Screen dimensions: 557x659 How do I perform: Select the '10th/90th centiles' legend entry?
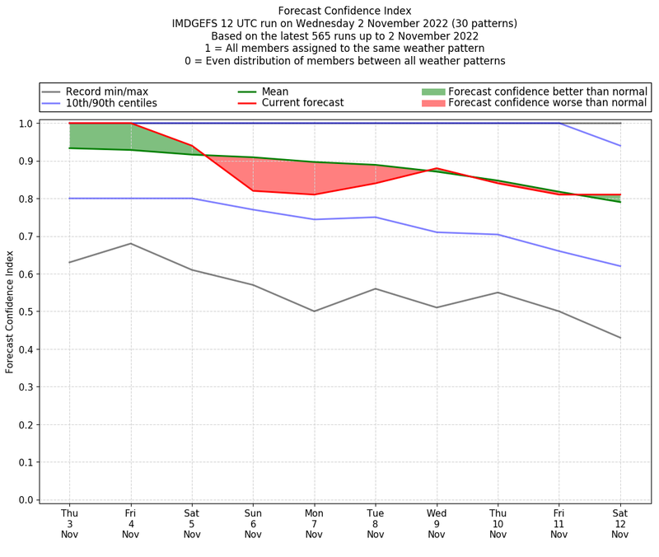(111, 103)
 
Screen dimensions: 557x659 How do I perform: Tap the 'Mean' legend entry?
(274, 91)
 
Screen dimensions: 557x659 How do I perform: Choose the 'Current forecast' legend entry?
(302, 103)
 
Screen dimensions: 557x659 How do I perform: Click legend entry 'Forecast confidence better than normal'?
(548, 91)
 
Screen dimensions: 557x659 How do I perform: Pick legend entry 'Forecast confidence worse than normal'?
(548, 103)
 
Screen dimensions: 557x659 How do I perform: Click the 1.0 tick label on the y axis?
(25, 124)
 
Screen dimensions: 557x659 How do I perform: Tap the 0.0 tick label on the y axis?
(25, 499)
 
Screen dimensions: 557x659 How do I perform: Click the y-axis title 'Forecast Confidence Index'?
(10, 312)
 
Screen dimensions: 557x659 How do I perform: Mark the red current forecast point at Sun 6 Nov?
(253, 191)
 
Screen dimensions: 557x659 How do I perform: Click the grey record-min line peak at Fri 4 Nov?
(130, 244)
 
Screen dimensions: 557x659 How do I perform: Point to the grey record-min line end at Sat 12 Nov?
(620, 338)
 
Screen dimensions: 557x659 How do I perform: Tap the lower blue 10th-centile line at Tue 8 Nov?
(376, 218)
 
